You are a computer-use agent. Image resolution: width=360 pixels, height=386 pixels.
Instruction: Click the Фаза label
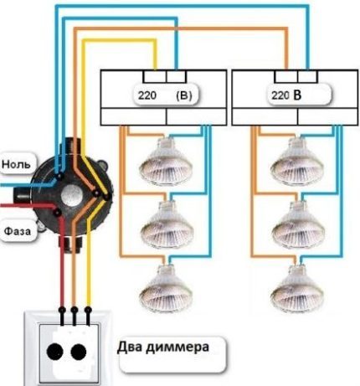click(18, 227)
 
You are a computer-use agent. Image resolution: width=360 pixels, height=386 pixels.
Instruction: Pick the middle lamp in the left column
click(167, 224)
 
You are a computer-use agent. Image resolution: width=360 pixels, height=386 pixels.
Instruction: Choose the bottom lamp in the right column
click(292, 286)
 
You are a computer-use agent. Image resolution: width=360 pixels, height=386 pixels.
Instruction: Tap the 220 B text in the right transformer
click(285, 95)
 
